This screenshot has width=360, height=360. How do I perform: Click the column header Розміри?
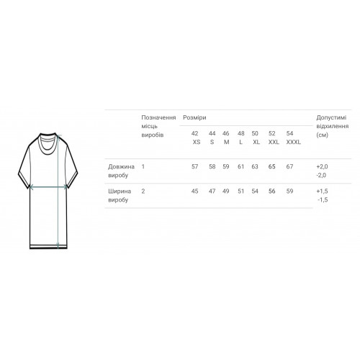tap(194, 117)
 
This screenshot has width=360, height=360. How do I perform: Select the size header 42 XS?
tap(196, 138)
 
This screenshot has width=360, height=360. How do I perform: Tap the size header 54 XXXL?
tap(293, 138)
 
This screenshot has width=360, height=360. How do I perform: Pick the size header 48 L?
tap(241, 138)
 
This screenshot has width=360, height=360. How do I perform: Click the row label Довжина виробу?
tap(121, 171)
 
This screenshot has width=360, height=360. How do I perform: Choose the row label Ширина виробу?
tap(120, 195)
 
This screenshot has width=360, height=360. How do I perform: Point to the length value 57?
tap(194, 166)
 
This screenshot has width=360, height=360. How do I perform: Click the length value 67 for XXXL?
tap(289, 166)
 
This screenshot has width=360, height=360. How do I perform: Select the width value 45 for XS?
tap(194, 192)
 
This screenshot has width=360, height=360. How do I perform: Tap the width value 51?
tap(240, 192)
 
